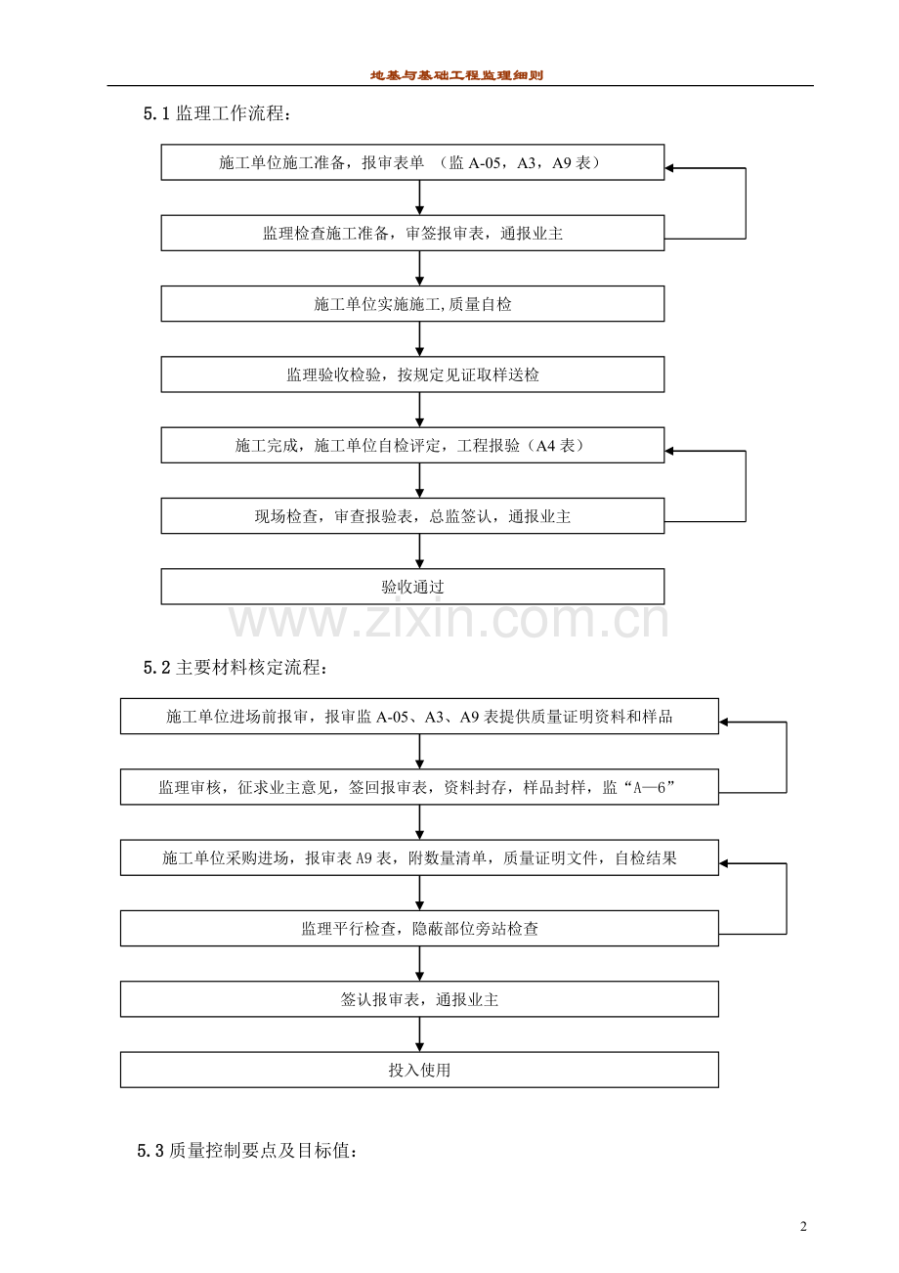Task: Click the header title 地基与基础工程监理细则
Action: [456, 75]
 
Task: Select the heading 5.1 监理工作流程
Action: [217, 114]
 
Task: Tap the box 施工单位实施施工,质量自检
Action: [412, 304]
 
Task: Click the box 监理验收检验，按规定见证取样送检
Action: [412, 374]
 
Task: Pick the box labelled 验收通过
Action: [412, 587]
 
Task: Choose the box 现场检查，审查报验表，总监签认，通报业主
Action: [412, 516]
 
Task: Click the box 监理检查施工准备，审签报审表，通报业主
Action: [412, 234]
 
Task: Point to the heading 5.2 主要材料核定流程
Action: [236, 668]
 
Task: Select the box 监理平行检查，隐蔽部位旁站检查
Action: [419, 928]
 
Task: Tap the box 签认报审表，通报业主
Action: [419, 999]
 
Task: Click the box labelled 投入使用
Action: [419, 1070]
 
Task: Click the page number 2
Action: [803, 1227]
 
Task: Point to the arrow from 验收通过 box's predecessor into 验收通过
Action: [420, 551]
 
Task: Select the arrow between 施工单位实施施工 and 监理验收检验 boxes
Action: [420, 339]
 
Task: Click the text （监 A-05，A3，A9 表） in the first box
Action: [519, 163]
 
